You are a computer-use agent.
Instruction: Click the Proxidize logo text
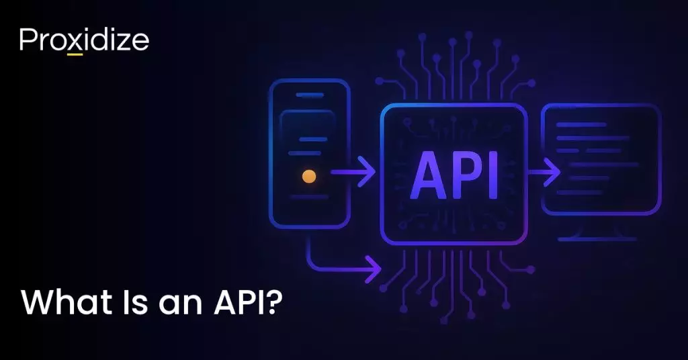[84, 40]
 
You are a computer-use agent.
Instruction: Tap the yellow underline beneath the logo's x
[75, 54]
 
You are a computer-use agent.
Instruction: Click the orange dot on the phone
[309, 177]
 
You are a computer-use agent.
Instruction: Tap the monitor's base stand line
[597, 239]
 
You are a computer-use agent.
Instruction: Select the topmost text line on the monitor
[581, 125]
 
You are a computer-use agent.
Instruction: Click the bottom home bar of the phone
[309, 197]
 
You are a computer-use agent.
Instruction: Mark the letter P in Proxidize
[26, 40]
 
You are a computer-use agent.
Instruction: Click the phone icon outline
[310, 154]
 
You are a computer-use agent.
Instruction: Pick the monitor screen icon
[601, 159]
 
